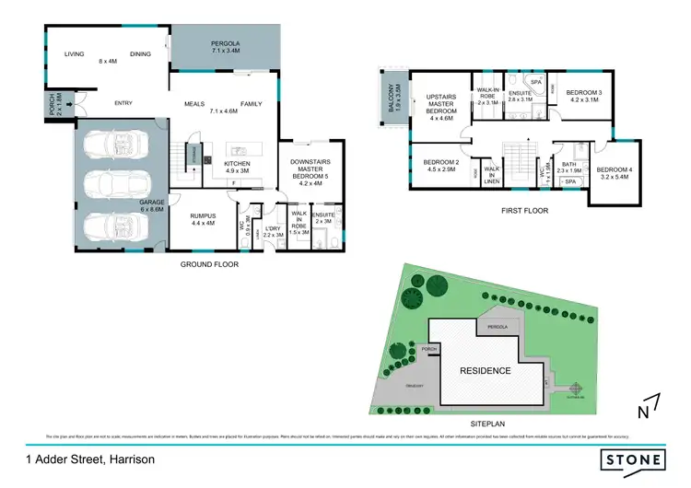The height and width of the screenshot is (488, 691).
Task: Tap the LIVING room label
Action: tap(75, 54)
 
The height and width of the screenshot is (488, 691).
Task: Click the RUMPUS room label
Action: tap(202, 218)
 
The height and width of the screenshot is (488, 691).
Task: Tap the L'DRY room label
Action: tap(272, 232)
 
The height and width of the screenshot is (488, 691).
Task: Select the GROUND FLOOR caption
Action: tap(209, 264)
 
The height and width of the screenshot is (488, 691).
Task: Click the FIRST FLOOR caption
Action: tap(524, 211)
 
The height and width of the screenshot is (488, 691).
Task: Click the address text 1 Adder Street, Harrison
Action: tap(89, 459)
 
